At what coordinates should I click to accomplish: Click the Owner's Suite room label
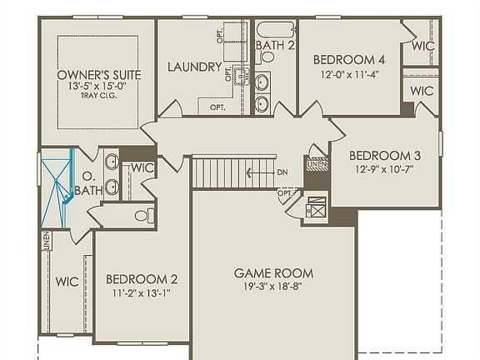pos(99,75)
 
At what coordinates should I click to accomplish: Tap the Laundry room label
pos(194,67)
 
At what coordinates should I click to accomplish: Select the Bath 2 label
pos(275,45)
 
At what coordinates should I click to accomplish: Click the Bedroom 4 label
pos(349,59)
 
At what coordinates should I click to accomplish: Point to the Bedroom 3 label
pos(384,155)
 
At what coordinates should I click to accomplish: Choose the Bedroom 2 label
pos(142,279)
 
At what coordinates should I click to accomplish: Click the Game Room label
pos(273,272)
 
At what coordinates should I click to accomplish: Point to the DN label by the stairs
pos(283,173)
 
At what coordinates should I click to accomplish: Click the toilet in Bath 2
pos(268,57)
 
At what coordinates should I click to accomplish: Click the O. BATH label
pos(87,183)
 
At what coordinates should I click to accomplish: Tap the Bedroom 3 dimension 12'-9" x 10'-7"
pos(384,169)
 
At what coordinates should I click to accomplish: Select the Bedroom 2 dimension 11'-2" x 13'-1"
pos(142,293)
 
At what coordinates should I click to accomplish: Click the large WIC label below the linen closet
pos(67,282)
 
